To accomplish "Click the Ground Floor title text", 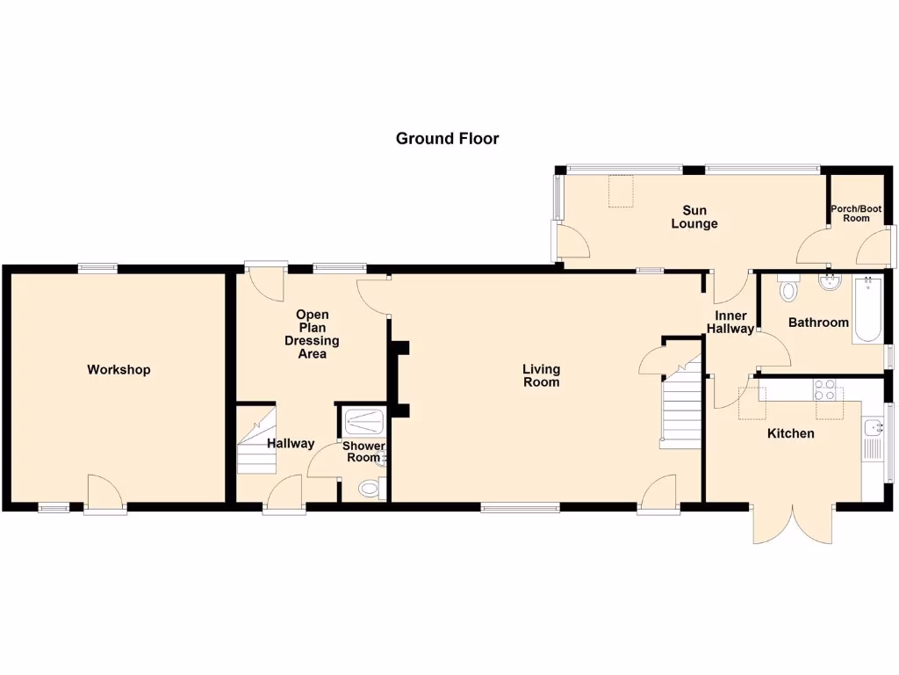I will tap(447, 138).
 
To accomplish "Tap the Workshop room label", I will tap(119, 370).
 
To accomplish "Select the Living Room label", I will tap(541, 375).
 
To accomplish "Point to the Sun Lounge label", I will tap(694, 217).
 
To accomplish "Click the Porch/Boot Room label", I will tap(856, 214).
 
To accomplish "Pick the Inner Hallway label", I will tap(730, 323).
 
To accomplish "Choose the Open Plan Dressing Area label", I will tap(312, 334).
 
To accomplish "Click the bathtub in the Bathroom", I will tap(868, 309).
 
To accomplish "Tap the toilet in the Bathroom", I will tap(788, 288).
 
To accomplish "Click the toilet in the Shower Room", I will tap(370, 489).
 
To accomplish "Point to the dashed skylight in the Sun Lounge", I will tap(622, 192).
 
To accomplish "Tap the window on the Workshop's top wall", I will tap(97, 268).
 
